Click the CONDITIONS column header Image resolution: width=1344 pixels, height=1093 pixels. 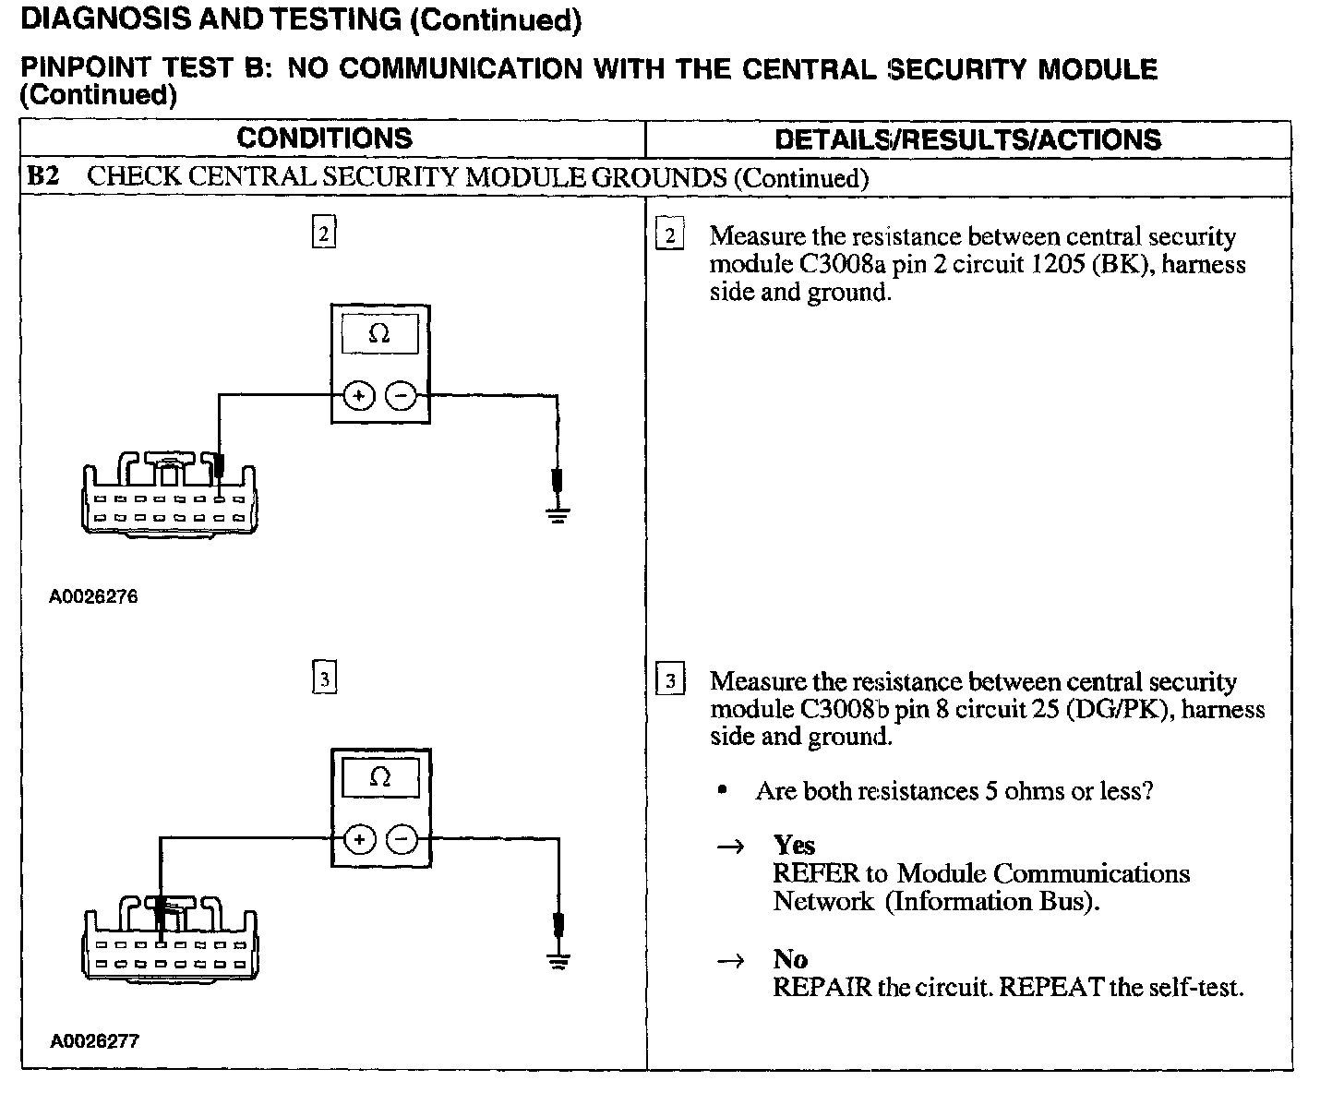tap(324, 138)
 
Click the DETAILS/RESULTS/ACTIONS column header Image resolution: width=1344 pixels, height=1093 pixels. tap(967, 139)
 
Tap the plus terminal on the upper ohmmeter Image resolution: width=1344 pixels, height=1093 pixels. tap(358, 396)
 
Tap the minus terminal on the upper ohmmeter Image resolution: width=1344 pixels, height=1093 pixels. tap(402, 396)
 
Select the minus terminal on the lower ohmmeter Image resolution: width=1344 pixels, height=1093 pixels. tap(402, 839)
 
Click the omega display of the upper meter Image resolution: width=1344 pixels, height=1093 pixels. tap(379, 333)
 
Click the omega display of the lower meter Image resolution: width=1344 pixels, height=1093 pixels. tap(379, 777)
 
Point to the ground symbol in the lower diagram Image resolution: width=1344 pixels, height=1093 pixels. tap(557, 960)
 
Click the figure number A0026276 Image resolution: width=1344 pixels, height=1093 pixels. tap(93, 596)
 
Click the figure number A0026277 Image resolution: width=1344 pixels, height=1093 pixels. tap(94, 1041)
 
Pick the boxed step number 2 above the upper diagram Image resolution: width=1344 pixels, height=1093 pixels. tap(323, 234)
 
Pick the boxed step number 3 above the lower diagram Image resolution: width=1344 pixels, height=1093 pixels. tap(323, 680)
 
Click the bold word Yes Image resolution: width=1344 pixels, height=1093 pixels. tap(794, 845)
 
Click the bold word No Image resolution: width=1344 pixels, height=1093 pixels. tap(790, 959)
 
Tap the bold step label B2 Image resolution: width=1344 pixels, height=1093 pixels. tap(43, 176)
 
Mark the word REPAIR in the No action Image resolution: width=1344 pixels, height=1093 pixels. tap(822, 988)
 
